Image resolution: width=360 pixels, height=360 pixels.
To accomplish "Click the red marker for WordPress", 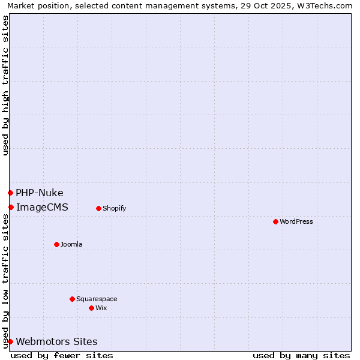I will tap(275, 221).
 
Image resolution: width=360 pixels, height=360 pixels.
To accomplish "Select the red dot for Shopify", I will tap(98, 208).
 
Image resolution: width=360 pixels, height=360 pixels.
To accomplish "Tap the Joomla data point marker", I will tap(56, 244).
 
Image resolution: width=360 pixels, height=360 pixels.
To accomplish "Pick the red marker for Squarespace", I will tap(72, 299).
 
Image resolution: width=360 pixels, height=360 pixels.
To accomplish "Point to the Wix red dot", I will tap(91, 308).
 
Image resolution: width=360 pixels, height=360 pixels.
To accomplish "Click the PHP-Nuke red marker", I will tap(10, 193).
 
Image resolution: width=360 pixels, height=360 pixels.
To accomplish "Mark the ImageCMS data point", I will tap(11, 207).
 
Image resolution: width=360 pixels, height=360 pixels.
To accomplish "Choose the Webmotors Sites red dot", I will tap(10, 341).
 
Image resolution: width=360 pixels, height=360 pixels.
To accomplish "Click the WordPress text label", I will tap(296, 221).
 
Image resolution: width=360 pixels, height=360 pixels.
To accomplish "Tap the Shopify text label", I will tap(114, 208).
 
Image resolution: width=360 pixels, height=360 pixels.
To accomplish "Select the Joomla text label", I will tap(71, 244).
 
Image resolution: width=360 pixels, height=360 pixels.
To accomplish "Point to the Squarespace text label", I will tap(97, 299).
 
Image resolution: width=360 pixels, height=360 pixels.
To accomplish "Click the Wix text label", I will tap(101, 308).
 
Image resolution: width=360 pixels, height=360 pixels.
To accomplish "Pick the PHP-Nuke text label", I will tap(40, 193).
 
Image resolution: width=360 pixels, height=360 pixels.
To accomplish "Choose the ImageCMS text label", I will tap(42, 207).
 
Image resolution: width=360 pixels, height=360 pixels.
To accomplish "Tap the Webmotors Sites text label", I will tap(56, 341).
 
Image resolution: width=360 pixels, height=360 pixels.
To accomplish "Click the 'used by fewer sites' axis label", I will tap(62, 355).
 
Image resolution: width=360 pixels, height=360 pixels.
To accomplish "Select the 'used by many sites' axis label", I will tap(301, 355).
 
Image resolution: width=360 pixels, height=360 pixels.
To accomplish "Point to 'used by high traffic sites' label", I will tap(5, 85).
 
